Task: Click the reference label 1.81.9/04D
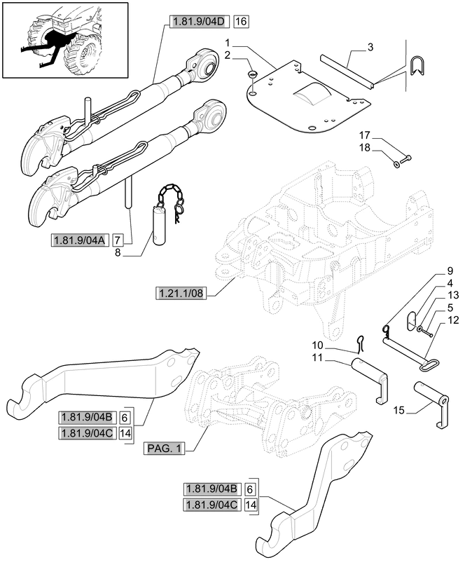pos(197,22)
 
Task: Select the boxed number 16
pos(241,22)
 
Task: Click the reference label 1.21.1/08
pos(181,293)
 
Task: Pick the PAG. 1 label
pos(163,448)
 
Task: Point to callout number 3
pos(370,47)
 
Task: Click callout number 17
pos(364,135)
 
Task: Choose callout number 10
pos(317,345)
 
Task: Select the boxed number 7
pos(117,241)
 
